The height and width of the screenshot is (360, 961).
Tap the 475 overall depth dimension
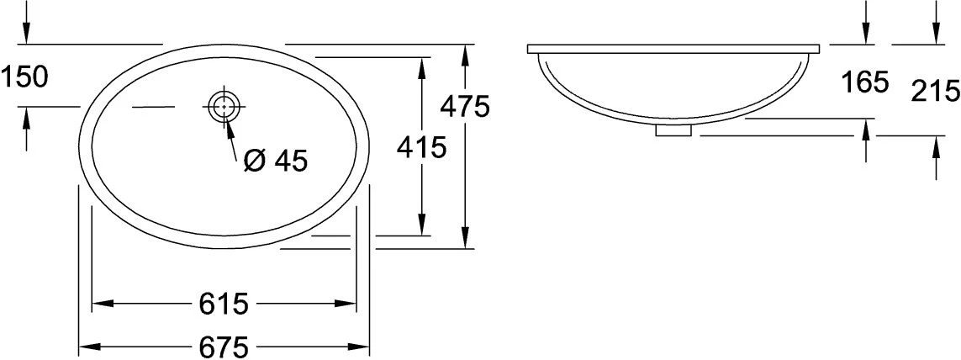pyautogui.click(x=465, y=108)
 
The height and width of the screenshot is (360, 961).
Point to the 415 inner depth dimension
pyautogui.click(x=421, y=147)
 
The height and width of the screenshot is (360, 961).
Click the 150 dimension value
pyautogui.click(x=24, y=77)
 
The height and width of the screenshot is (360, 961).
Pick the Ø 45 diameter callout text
pyautogui.click(x=275, y=161)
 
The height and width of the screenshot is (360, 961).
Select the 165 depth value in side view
pyautogui.click(x=864, y=82)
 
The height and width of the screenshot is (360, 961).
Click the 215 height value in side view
pyautogui.click(x=935, y=92)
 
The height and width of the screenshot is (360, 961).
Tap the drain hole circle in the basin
pyautogui.click(x=224, y=106)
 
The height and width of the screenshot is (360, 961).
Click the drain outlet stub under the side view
pyautogui.click(x=674, y=130)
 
